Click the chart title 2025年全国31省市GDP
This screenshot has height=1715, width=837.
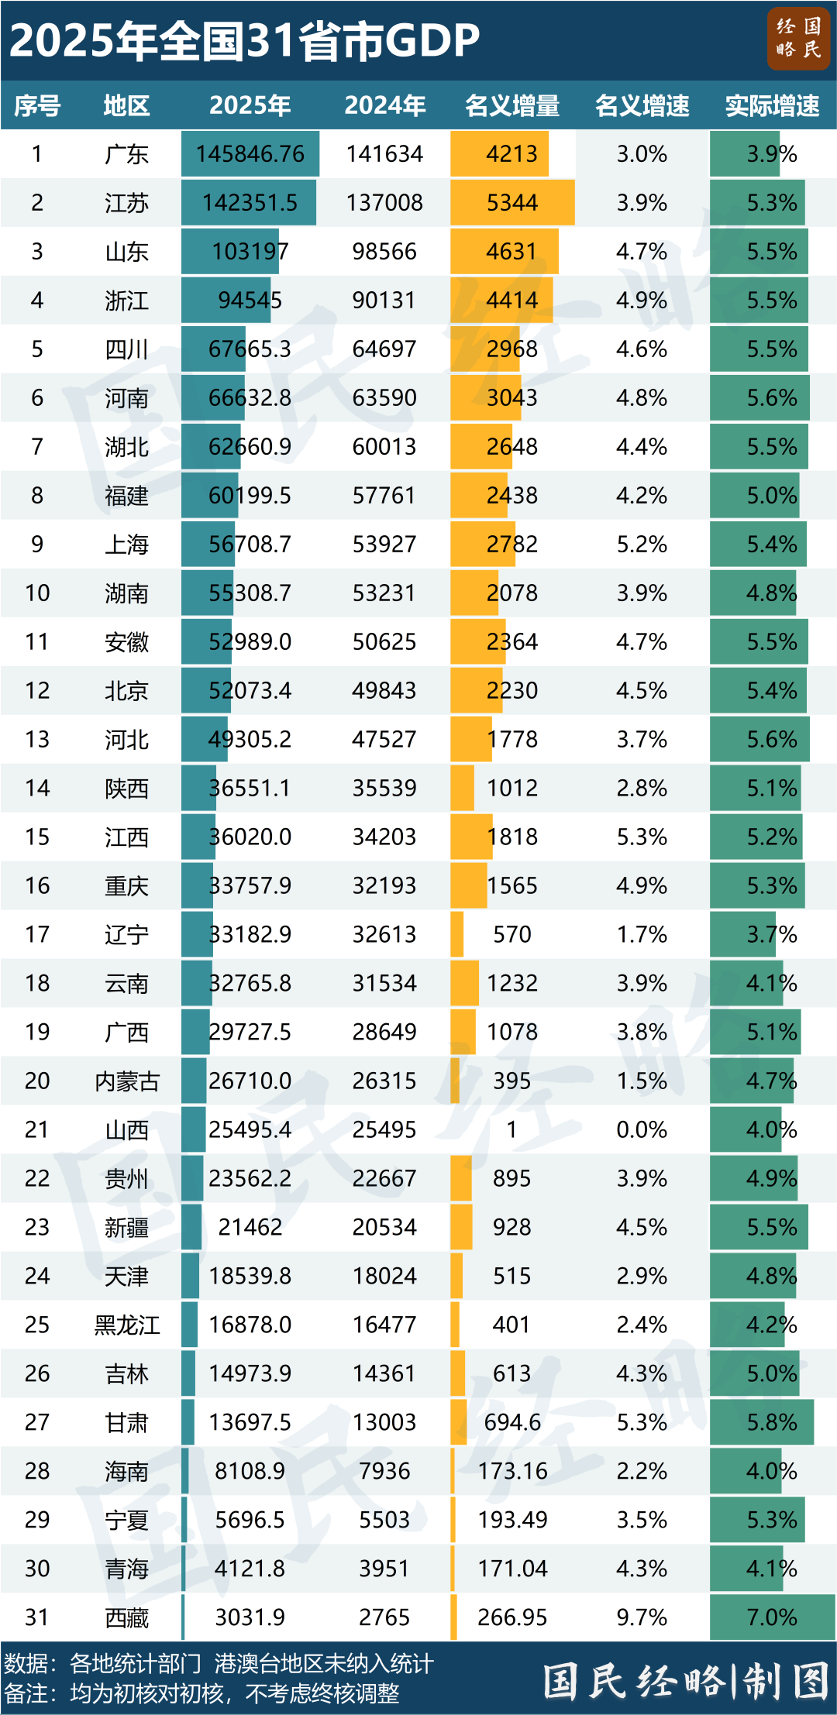pos(244,40)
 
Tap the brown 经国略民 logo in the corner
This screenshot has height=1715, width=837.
pos(798,39)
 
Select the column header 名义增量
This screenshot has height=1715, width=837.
pos(512,105)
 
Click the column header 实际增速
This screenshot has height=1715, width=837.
pos(772,105)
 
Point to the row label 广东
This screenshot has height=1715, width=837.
pos(126,154)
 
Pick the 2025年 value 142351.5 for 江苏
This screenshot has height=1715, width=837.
pos(250,203)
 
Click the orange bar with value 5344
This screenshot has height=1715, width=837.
pos(512,203)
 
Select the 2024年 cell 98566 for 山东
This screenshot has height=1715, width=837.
pos(384,252)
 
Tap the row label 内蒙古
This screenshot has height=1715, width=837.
pos(126,1081)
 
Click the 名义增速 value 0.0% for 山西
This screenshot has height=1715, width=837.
pos(642,1130)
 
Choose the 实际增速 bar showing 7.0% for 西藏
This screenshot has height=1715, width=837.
pos(772,1617)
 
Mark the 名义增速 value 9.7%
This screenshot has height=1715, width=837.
pos(642,1617)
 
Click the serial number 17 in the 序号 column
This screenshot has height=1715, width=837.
pos(37,935)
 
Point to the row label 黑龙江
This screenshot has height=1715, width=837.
pos(126,1325)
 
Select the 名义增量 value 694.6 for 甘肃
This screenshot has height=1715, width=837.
pos(512,1423)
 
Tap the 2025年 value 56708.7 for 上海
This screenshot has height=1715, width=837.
pos(250,545)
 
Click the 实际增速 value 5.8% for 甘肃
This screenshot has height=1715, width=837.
pos(772,1423)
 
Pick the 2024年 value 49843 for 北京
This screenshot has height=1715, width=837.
pos(384,691)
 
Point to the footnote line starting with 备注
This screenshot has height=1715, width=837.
pos(201,1694)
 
